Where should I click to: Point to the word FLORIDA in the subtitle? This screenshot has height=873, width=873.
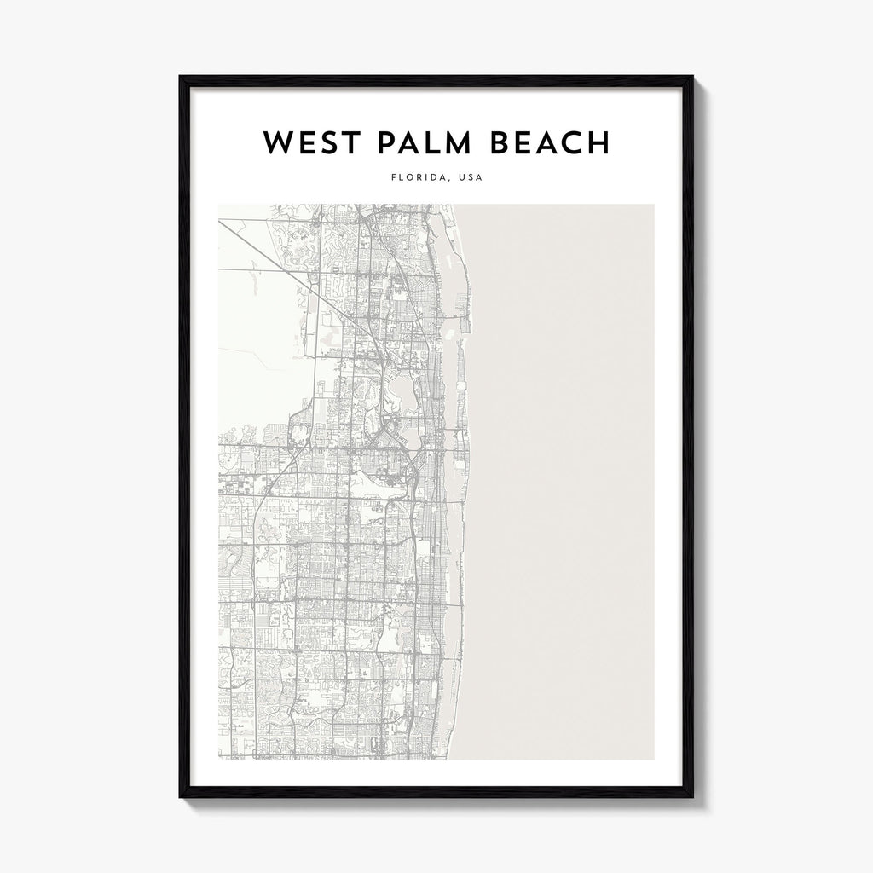tap(414, 179)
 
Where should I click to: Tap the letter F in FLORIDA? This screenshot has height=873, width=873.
tap(392, 179)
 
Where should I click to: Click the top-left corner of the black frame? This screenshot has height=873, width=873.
tap(181, 78)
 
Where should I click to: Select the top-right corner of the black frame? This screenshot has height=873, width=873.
tap(692, 78)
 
